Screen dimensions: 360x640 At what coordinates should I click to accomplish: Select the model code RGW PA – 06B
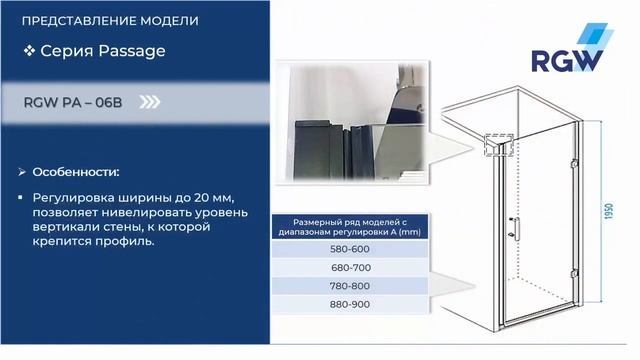(76, 101)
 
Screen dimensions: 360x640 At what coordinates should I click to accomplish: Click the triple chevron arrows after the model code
(150, 101)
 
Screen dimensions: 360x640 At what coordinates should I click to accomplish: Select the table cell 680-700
(349, 268)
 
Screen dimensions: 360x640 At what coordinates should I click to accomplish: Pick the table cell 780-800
(349, 287)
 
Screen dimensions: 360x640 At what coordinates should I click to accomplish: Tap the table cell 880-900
(349, 305)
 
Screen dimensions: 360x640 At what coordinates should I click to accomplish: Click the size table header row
(349, 226)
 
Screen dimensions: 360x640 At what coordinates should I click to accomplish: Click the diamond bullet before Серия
(30, 49)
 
